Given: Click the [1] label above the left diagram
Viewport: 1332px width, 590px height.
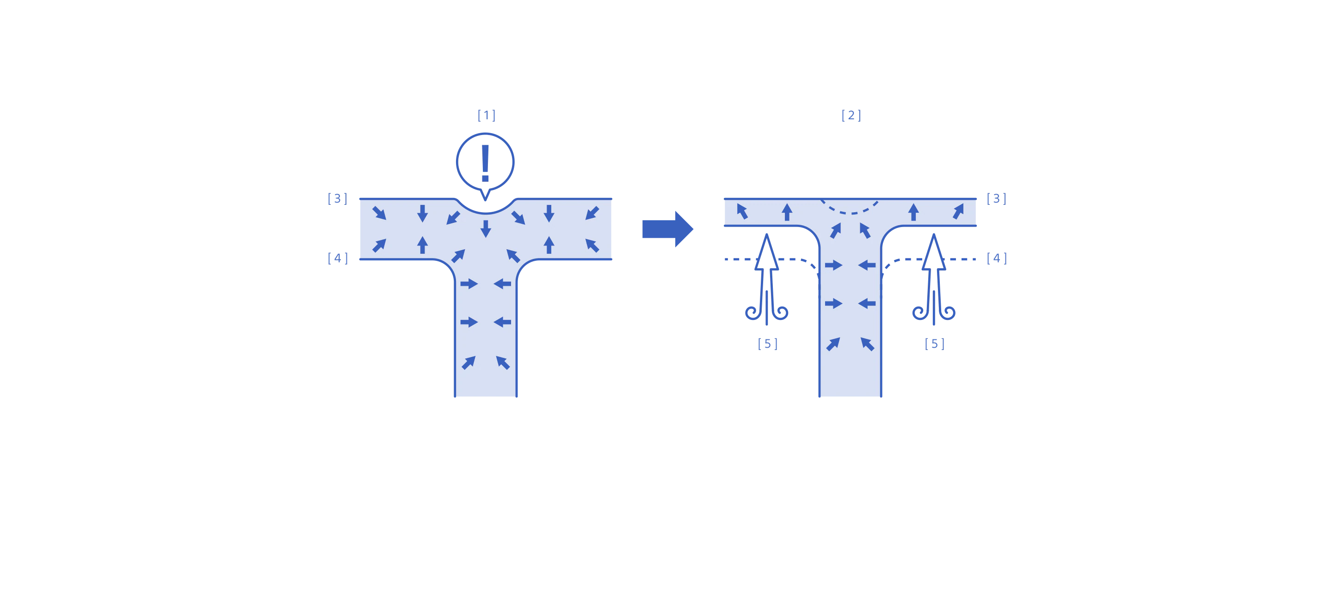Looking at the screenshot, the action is [486, 115].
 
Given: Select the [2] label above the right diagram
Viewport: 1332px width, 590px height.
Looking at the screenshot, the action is [851, 115].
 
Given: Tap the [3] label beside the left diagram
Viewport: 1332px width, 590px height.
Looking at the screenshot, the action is [337, 198].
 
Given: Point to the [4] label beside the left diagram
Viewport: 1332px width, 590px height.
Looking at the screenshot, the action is [337, 258].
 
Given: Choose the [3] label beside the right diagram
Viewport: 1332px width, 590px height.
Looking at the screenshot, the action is [996, 198].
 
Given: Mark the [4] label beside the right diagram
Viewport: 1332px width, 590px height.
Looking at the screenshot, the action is [996, 258].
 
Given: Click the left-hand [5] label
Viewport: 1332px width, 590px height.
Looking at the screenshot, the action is [767, 344].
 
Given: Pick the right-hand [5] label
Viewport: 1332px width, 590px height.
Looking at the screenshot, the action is [934, 344].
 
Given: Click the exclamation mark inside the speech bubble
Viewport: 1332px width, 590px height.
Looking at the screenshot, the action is [485, 163].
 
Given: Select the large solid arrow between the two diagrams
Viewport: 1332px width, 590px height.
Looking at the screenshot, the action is [667, 229].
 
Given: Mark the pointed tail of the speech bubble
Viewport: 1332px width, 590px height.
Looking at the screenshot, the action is [485, 196].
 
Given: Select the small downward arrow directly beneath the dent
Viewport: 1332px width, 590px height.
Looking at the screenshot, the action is [485, 228].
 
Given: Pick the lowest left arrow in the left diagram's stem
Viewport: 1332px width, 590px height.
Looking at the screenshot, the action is [469, 363].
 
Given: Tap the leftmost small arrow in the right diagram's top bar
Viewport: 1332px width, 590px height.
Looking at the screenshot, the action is [742, 211].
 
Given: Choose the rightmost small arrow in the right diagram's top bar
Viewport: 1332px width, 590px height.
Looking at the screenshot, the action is [958, 211].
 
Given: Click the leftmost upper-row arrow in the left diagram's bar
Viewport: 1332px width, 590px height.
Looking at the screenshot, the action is [379, 213].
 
